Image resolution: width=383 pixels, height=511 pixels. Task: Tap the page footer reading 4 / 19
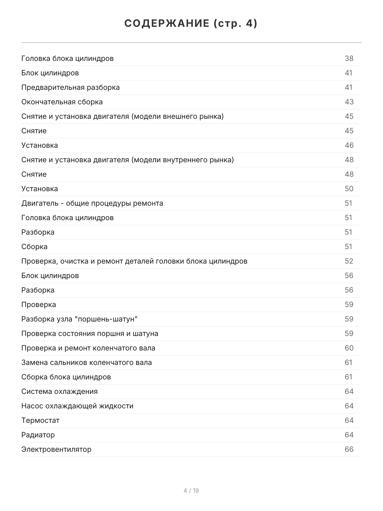tap(191, 491)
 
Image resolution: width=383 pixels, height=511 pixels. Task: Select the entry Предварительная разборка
tap(71, 87)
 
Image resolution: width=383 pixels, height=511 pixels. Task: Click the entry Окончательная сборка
tap(62, 102)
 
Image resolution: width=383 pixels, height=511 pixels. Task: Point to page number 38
tap(349, 58)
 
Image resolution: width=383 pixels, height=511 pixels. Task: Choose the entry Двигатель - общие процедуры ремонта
tap(92, 203)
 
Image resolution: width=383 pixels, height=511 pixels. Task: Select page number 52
tap(349, 261)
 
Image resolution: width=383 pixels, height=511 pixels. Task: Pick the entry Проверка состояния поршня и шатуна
tap(90, 333)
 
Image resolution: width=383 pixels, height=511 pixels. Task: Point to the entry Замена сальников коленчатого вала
tap(87, 362)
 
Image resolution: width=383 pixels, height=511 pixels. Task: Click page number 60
tap(349, 348)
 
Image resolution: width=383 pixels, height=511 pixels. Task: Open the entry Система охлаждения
tap(60, 391)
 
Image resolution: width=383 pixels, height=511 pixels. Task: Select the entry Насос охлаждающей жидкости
tap(77, 406)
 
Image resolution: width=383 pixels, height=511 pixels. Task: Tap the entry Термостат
tap(40, 420)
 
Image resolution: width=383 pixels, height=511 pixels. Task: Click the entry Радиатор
tap(38, 435)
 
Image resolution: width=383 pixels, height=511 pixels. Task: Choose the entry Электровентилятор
tap(57, 449)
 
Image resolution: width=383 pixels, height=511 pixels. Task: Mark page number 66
tap(349, 449)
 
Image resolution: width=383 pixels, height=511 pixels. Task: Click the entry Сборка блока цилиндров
tap(66, 377)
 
